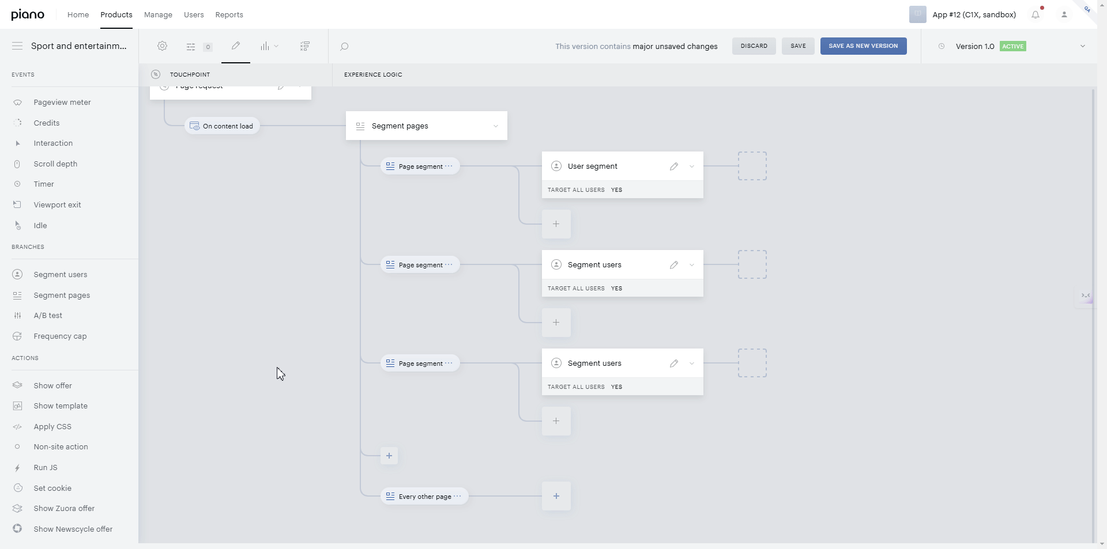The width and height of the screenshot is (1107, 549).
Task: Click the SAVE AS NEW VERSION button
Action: pos(863,46)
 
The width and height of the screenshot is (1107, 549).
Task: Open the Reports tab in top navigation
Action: pos(229,15)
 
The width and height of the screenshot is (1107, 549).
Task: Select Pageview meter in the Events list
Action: pos(62,103)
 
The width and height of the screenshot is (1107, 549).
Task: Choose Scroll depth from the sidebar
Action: pos(55,164)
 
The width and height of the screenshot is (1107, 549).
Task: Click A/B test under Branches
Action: pos(48,316)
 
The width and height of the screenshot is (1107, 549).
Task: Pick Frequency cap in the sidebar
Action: pos(60,336)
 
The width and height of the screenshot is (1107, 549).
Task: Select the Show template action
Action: pos(61,406)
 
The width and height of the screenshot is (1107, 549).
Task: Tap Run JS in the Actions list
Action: pos(46,468)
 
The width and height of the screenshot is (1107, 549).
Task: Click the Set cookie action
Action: pos(52,489)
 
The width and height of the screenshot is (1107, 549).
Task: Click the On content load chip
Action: pos(222,126)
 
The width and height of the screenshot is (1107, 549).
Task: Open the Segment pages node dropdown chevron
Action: pos(496,126)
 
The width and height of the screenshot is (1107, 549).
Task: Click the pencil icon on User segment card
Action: pos(674,166)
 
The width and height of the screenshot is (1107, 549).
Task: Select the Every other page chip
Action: pos(424,497)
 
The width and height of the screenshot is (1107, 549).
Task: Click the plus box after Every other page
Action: pos(556,496)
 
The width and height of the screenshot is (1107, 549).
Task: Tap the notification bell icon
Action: pos(1036,15)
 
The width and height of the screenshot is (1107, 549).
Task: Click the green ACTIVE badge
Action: pos(1013,47)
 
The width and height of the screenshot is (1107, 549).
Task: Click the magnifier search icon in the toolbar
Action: pos(344,47)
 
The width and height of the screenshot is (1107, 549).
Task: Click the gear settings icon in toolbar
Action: pos(163,46)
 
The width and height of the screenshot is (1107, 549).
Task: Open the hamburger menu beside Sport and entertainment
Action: pos(17,46)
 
